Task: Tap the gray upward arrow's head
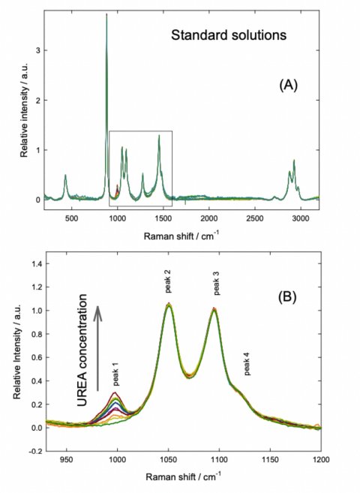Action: point(97,308)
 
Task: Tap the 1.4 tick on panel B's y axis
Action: point(33,263)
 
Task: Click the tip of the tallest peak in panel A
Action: point(107,14)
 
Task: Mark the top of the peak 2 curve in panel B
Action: point(169,304)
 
